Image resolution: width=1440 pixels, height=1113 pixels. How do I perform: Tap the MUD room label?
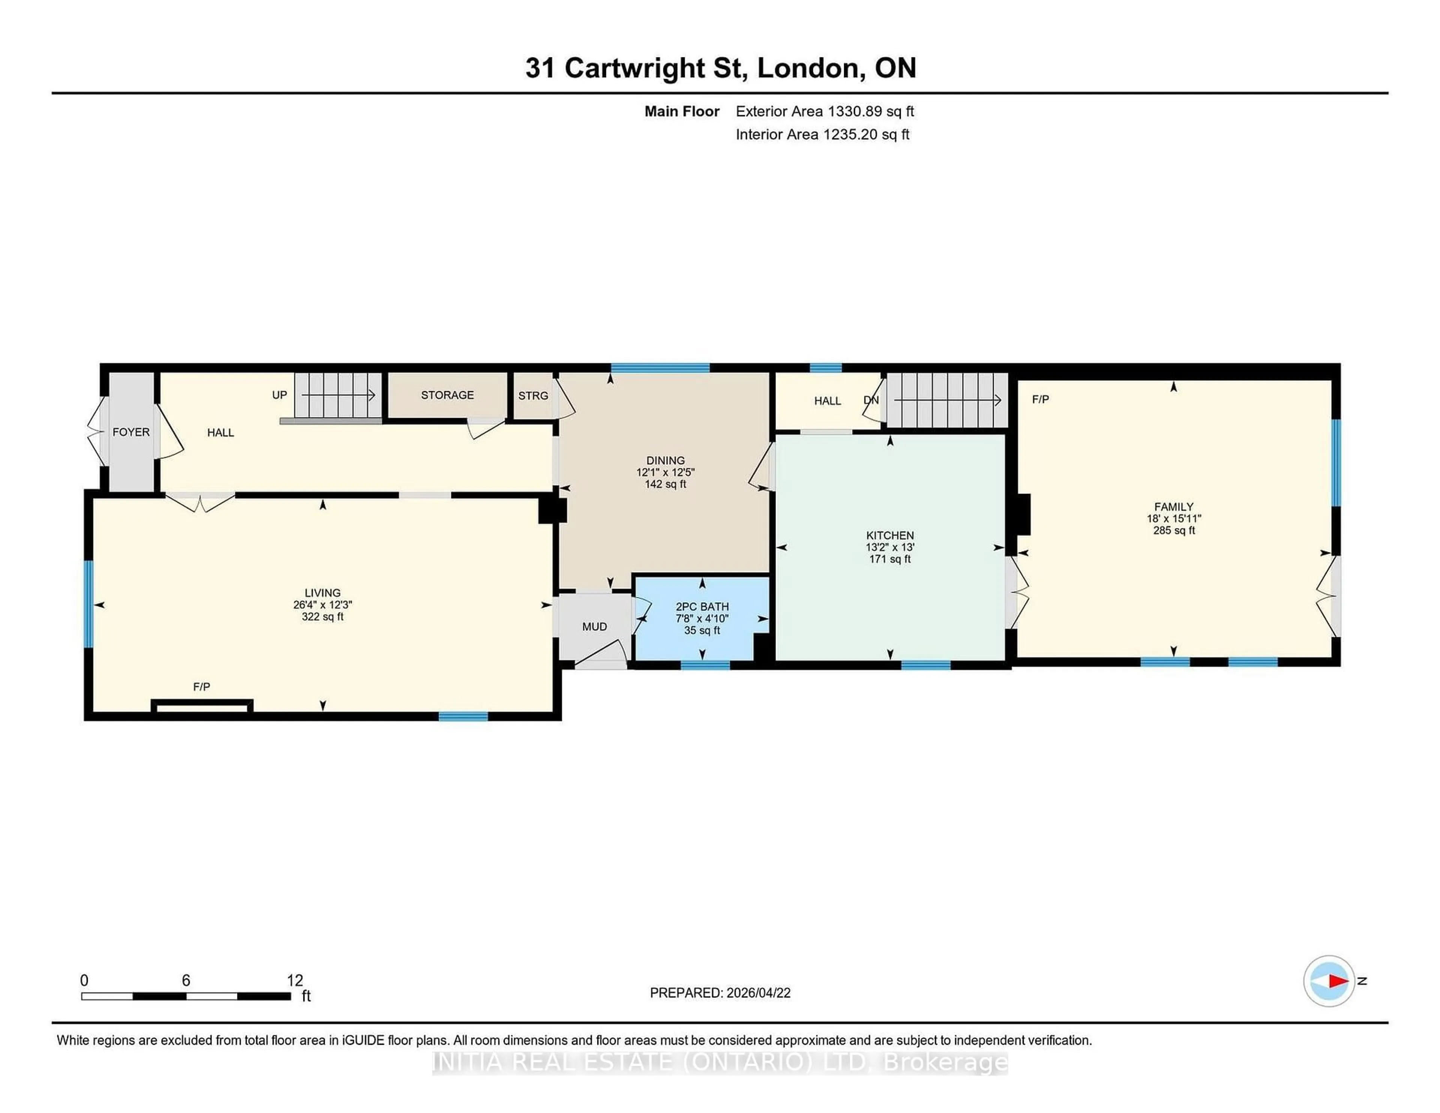594,626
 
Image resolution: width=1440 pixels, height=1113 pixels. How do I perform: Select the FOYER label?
130,432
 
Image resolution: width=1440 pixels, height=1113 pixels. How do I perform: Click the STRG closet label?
533,396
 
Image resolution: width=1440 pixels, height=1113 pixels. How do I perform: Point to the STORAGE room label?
447,395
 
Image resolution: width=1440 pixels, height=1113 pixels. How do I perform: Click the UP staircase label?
279,395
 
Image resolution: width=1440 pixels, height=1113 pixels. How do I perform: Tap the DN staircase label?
871,400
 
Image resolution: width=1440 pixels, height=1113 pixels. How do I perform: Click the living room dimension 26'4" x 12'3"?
322,604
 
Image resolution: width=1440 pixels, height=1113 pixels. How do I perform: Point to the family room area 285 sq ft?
1174,530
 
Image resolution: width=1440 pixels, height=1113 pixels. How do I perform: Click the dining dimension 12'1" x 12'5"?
665,472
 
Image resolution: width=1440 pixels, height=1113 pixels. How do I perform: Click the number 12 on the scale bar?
295,981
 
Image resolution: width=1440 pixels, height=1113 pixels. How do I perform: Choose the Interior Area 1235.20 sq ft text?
822,135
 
